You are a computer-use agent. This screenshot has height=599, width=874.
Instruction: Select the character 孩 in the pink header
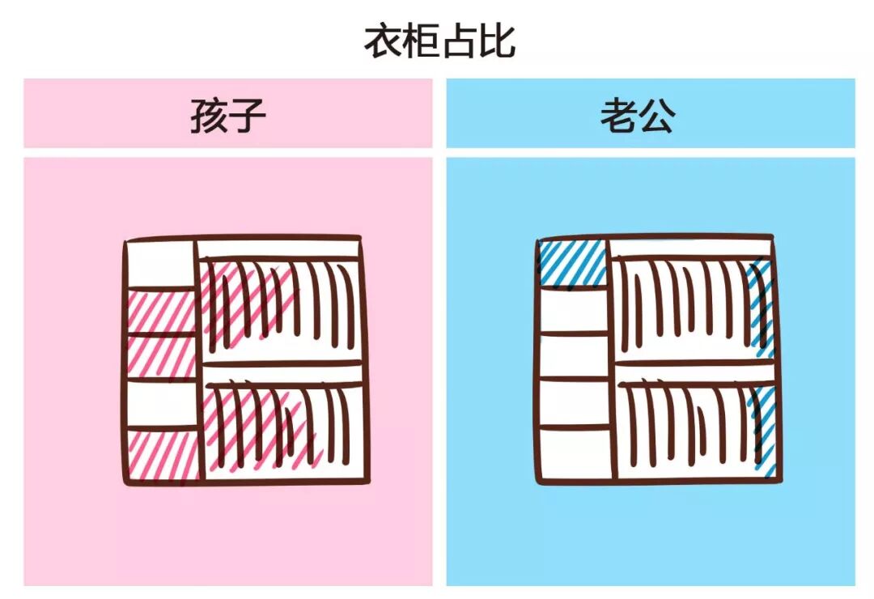pyautogui.click(x=207, y=117)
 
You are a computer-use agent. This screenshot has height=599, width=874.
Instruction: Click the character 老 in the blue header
pyautogui.click(x=617, y=117)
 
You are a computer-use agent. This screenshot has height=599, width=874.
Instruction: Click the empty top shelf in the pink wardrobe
pyautogui.click(x=160, y=265)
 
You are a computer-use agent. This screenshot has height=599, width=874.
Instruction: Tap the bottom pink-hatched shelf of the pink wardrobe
pyautogui.click(x=162, y=455)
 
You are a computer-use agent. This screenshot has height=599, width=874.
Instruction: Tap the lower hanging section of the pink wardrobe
pyautogui.click(x=280, y=425)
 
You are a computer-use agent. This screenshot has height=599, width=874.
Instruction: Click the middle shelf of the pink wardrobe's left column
pyautogui.click(x=160, y=356)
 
